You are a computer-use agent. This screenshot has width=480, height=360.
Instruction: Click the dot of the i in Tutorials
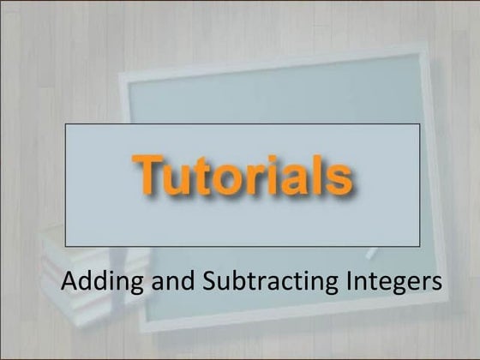[279, 160]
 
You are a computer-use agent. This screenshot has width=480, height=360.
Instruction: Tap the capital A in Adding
[69, 281]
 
